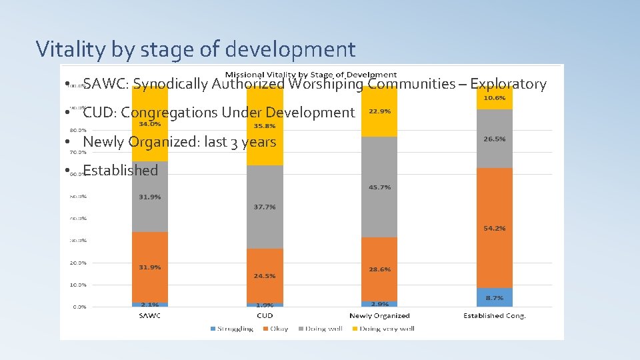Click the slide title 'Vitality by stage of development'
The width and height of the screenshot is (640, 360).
point(195,49)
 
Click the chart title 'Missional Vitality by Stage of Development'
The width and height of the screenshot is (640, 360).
point(311,74)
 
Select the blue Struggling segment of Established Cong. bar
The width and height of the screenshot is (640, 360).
point(494,297)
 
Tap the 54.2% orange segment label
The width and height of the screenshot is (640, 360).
point(494,228)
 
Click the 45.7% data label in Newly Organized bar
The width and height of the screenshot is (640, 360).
point(379,187)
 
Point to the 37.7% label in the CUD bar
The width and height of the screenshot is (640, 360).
point(265,207)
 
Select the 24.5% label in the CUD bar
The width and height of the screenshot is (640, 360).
point(265,275)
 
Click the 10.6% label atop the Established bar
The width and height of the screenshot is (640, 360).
point(494,98)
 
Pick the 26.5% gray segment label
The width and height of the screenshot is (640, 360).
point(494,139)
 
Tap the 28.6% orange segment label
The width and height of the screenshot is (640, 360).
point(379,269)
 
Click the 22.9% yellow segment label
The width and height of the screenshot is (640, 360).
point(379,111)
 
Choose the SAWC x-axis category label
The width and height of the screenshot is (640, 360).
point(150,315)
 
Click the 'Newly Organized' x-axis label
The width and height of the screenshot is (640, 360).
point(379,315)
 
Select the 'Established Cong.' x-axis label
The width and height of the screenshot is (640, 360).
point(494,315)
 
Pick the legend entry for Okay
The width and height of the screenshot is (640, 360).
point(276,329)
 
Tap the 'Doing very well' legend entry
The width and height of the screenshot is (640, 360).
point(386,329)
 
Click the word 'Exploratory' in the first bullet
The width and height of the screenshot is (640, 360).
point(508,84)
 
